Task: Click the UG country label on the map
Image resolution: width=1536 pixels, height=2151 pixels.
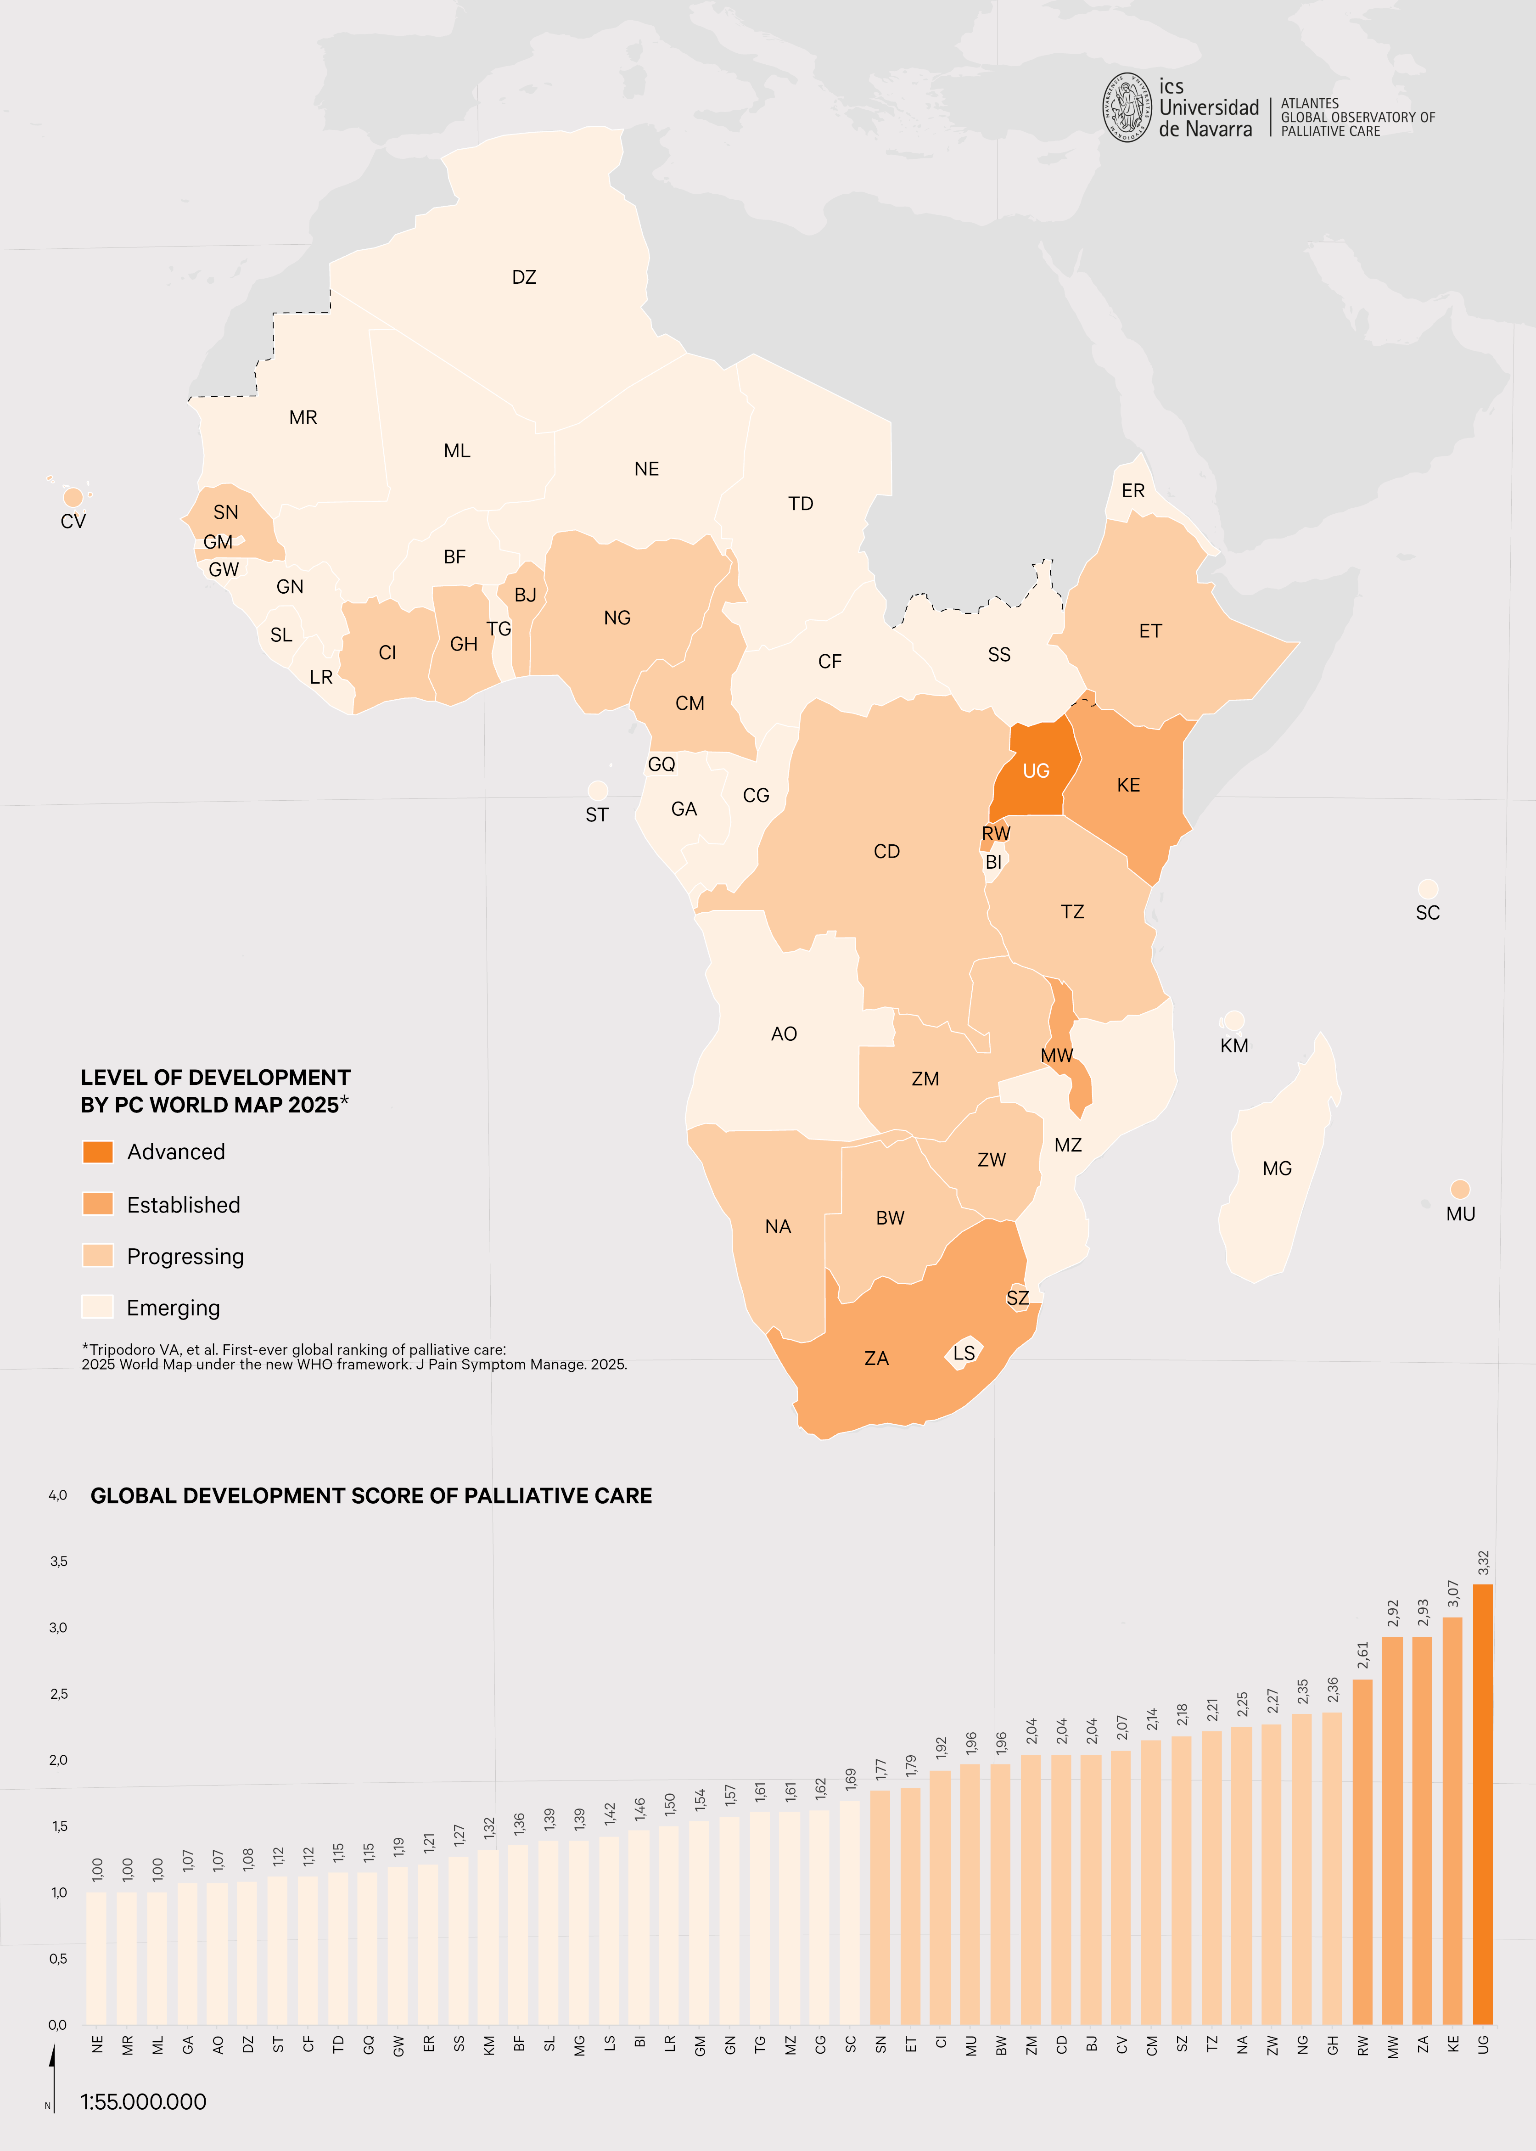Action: click(1036, 771)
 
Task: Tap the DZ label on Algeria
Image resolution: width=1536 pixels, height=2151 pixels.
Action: click(524, 277)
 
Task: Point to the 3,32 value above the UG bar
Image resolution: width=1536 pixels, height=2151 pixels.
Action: click(1483, 1563)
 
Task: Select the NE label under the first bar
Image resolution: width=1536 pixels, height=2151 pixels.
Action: click(97, 2044)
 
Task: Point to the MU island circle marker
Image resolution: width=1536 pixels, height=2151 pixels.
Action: click(1459, 1189)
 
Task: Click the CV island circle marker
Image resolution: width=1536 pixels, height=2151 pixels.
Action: click(73, 497)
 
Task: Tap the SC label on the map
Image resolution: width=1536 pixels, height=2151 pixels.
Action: click(1427, 913)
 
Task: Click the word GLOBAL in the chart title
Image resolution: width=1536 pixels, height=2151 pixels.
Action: click(132, 1495)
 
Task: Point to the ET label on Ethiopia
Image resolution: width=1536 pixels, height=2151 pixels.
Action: click(1150, 631)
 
